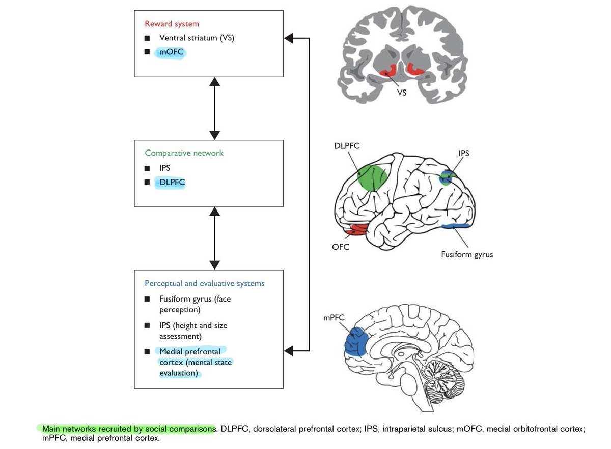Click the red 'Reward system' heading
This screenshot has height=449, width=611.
pos(172,24)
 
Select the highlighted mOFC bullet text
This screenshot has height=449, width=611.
pos(171,52)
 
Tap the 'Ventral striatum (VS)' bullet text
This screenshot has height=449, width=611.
pos(197,38)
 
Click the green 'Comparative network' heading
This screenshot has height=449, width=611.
pos(184,153)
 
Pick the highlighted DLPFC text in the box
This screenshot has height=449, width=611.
pos(172,181)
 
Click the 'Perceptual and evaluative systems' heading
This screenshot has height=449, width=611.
pos(205,283)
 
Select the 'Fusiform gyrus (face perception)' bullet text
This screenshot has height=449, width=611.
pos(194,304)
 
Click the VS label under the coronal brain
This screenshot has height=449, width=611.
pos(402,94)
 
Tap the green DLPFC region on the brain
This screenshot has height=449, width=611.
pos(372,177)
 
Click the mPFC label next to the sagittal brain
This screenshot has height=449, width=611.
pos(334,317)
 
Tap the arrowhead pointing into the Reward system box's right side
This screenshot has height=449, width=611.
pos(289,38)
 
